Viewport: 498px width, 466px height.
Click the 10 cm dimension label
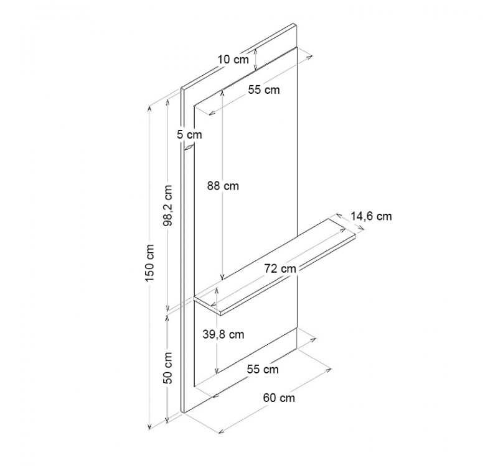click(233, 59)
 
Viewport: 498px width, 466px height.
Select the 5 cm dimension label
click(189, 135)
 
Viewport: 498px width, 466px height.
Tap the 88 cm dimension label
click(223, 185)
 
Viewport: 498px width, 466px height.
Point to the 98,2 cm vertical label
click(168, 205)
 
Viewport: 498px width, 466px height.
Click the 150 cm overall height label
click(149, 262)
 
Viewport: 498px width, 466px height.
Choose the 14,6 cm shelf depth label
click(371, 216)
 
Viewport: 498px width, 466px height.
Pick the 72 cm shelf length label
click(280, 268)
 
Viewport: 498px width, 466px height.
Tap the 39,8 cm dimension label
click(223, 334)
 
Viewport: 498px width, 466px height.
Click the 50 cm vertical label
click(168, 368)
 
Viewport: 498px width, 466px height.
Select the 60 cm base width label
click(279, 398)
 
